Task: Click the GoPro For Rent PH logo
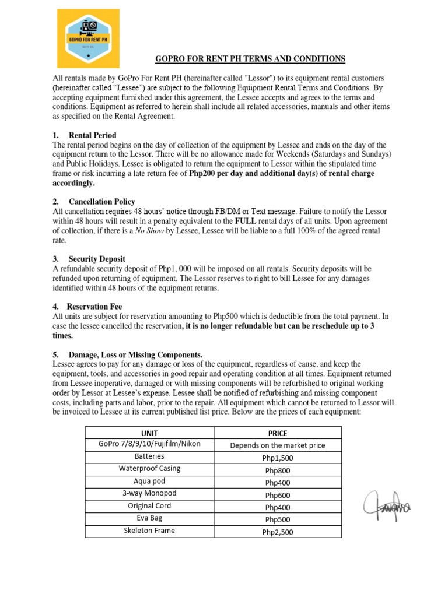[x=88, y=38]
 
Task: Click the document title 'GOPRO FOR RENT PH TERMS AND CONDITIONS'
[x=250, y=59]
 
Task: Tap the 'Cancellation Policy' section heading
[x=101, y=201]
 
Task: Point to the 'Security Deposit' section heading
[x=97, y=258]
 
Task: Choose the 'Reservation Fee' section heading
[x=94, y=306]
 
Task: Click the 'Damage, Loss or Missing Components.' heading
[x=135, y=354]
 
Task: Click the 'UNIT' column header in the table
[x=150, y=433]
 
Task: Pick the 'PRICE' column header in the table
[x=278, y=433]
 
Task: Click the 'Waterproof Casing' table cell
[x=150, y=469]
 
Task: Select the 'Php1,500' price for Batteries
[x=278, y=458]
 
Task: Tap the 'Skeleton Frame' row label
[x=150, y=531]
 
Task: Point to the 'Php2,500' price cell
[x=278, y=532]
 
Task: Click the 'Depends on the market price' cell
[x=278, y=445]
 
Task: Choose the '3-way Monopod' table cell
[x=150, y=493]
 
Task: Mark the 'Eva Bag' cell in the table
[x=150, y=518]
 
